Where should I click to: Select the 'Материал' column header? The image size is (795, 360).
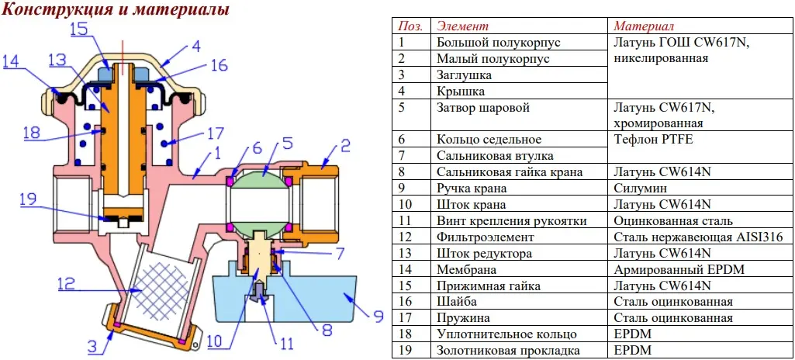(644, 26)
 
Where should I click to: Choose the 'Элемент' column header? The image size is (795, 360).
(463, 26)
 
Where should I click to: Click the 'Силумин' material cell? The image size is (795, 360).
(639, 188)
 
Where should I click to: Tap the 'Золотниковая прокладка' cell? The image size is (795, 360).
(509, 351)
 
